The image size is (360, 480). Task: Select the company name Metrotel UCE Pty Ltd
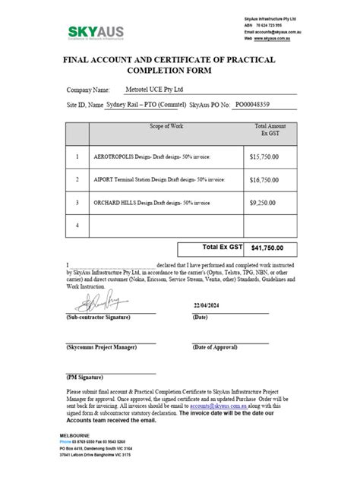click(x=166, y=89)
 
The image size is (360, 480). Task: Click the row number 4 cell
click(x=77, y=226)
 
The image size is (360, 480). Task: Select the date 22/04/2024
click(x=210, y=305)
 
